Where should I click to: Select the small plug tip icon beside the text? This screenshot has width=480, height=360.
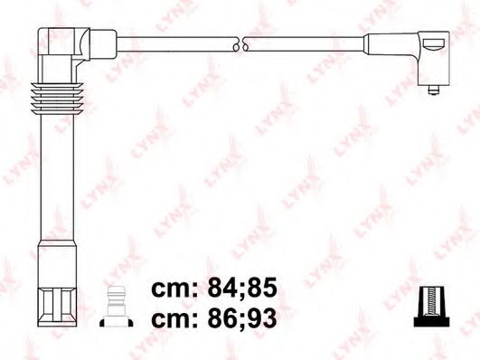point(117,305)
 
